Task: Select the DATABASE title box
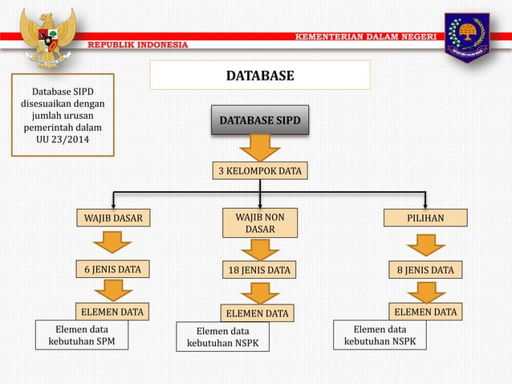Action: coord(259,76)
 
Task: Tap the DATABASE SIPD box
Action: coord(259,121)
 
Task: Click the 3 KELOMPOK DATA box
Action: coord(259,171)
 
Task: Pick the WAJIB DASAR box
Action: coord(114,218)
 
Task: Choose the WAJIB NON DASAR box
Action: coord(259,223)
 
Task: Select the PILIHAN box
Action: coord(425,218)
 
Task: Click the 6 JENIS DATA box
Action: coord(114,269)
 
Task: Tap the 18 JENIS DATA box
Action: coord(259,270)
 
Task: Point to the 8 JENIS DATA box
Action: coord(425,270)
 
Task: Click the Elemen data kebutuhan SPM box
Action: coord(81,336)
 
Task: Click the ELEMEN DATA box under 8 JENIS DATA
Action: coord(425,312)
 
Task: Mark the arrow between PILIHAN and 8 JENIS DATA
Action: coord(425,244)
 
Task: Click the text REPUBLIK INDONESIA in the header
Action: coord(137,44)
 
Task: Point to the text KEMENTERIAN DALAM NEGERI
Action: coord(366,36)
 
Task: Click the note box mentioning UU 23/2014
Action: coord(63,115)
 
